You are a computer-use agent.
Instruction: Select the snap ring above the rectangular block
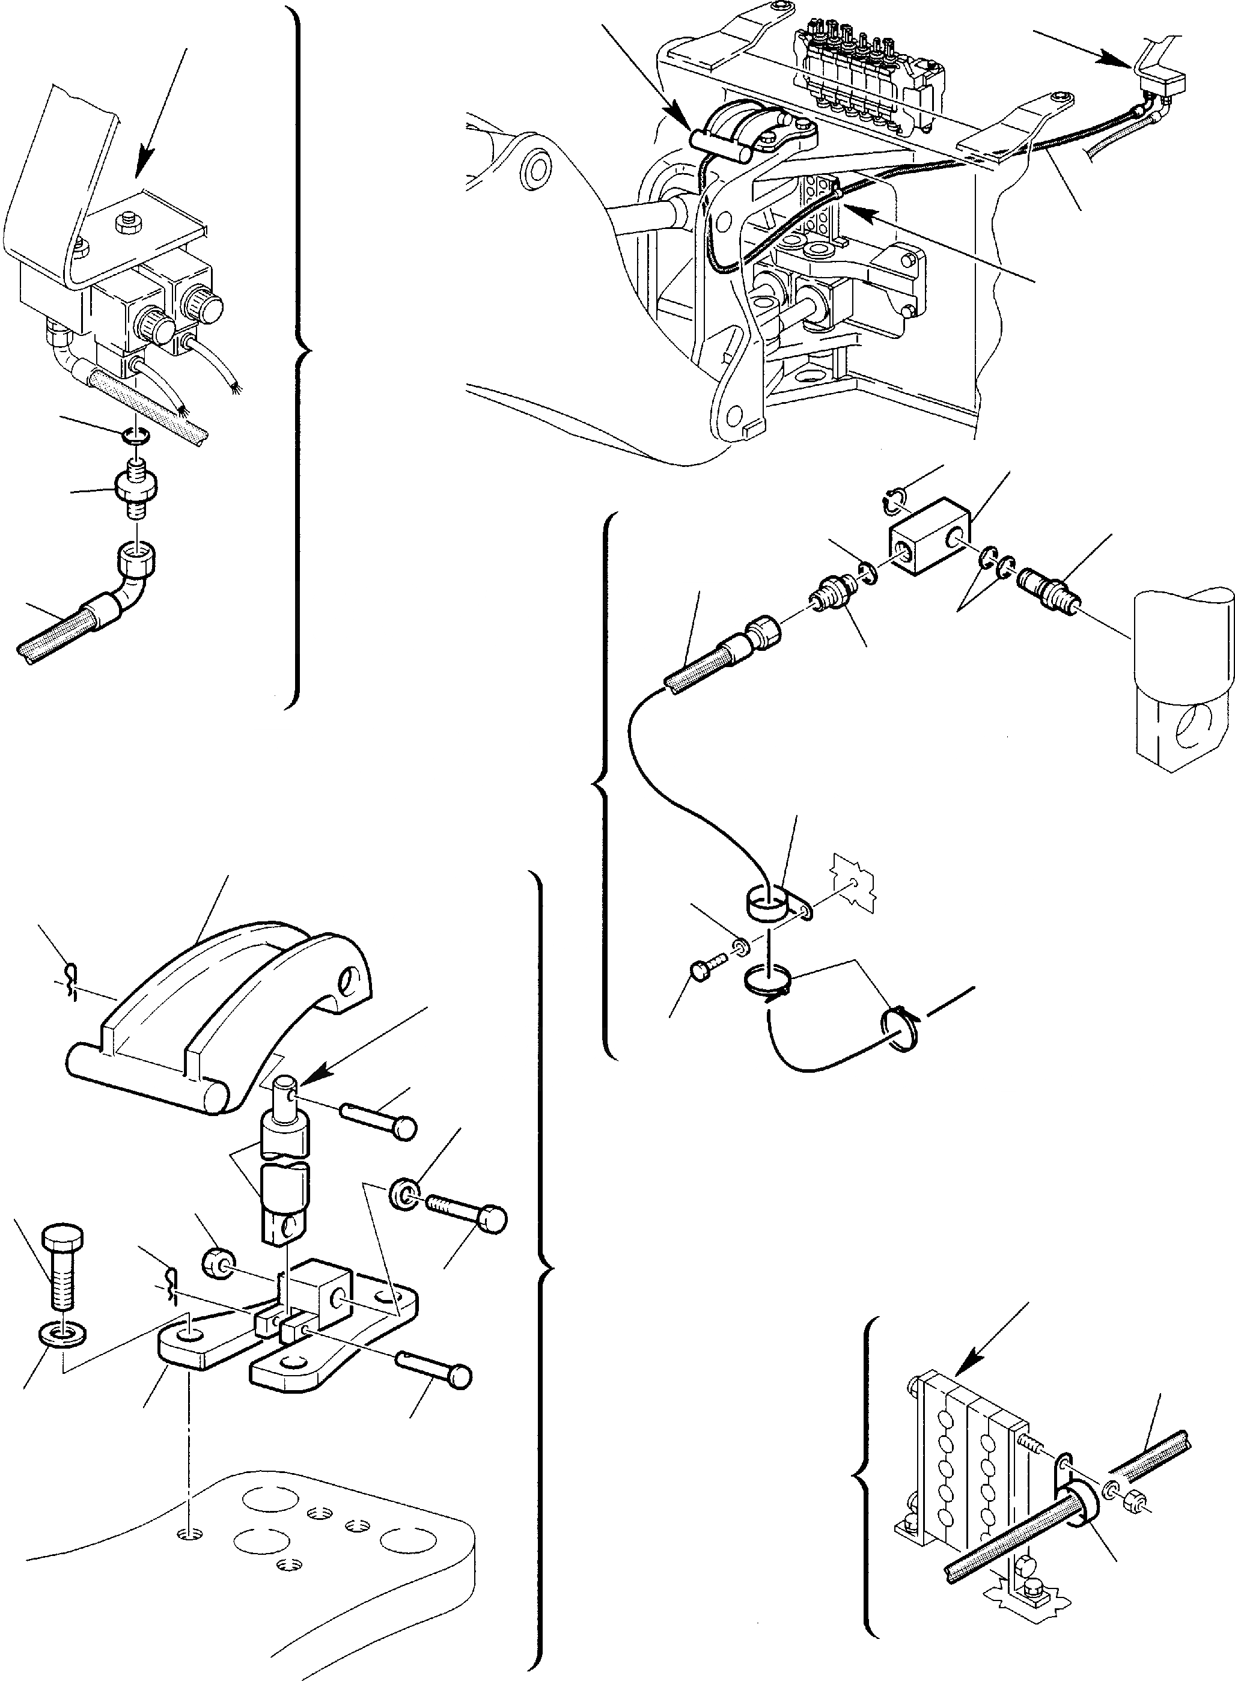point(894,499)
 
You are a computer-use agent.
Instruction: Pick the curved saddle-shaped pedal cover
point(217,1002)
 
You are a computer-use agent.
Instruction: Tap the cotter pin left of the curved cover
point(72,978)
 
